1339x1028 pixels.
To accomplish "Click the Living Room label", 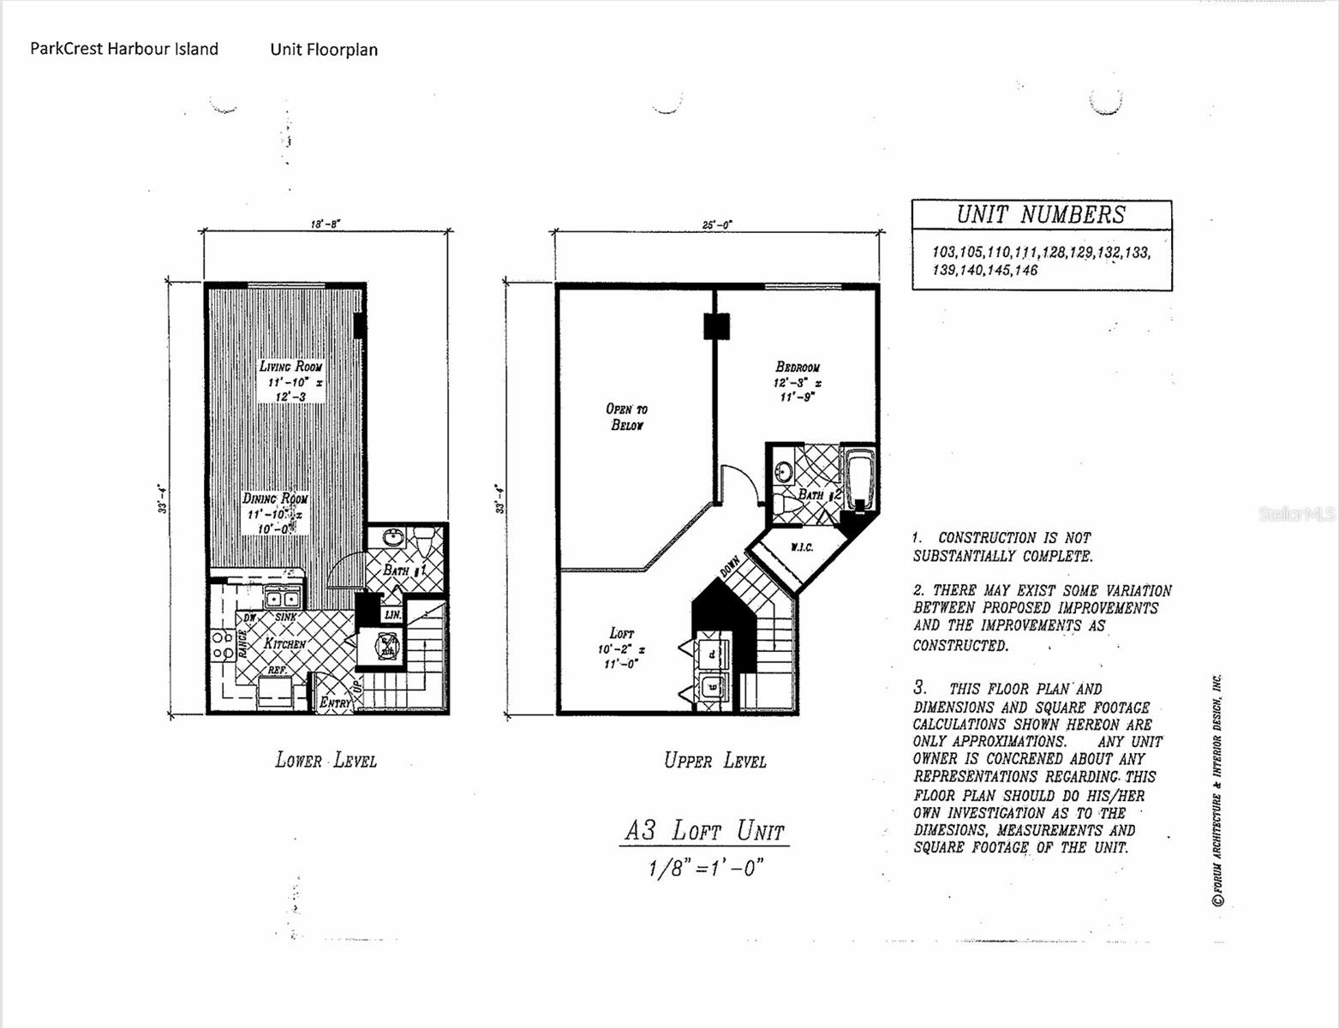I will (x=291, y=367).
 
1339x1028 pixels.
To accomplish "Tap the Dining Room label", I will (x=274, y=499).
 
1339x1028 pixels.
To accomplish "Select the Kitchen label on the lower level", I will (x=284, y=643).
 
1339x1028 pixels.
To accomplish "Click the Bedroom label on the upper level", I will (x=797, y=368).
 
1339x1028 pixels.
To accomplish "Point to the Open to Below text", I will (x=626, y=417).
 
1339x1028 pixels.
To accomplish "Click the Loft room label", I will (x=621, y=633).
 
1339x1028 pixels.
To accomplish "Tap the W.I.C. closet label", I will (x=801, y=547).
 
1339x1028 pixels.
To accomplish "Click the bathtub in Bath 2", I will (x=858, y=480).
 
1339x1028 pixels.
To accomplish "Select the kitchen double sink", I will (x=282, y=599).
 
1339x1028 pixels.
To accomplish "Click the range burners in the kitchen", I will (x=222, y=644).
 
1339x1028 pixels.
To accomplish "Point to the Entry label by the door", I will (x=335, y=703).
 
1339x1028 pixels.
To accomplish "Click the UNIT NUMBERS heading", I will (x=1041, y=215).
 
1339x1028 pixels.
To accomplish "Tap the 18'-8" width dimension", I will (x=326, y=224).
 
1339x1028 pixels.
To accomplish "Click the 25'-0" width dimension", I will (x=717, y=224).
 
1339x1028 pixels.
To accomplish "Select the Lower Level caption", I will (x=326, y=760).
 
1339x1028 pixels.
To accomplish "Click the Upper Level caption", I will (x=714, y=760).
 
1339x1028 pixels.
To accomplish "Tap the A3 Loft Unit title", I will (x=703, y=830).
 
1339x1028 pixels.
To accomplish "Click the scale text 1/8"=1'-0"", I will (x=705, y=868).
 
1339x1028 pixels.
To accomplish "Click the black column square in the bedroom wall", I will (x=716, y=326).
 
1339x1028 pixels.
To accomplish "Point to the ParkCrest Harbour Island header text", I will (x=124, y=49).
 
